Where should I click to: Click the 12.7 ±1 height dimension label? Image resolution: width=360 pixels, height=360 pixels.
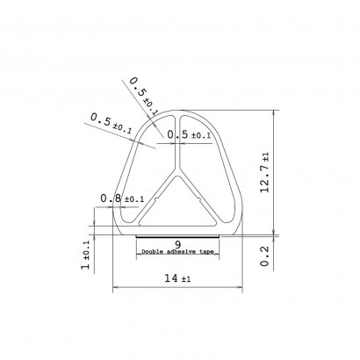click(x=265, y=173)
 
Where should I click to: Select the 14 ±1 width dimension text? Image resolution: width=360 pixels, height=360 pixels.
click(x=177, y=278)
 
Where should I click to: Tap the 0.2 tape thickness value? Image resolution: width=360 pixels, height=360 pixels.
click(x=264, y=256)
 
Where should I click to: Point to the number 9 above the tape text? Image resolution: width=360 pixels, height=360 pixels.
click(x=177, y=244)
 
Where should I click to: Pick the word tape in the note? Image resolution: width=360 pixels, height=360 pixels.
click(x=206, y=252)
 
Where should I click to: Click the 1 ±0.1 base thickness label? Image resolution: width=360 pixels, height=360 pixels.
click(x=86, y=256)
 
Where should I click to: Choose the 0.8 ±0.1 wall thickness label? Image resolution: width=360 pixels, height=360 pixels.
click(x=122, y=198)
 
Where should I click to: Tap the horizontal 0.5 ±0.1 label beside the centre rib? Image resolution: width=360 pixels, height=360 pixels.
click(x=189, y=135)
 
